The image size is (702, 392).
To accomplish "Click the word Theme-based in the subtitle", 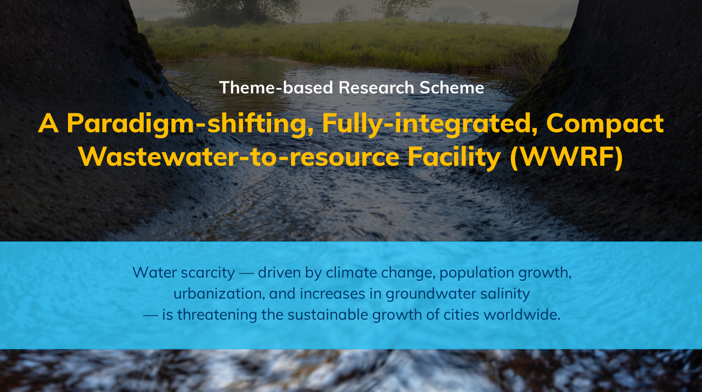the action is [x=276, y=87].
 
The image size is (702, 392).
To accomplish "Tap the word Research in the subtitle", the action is [x=376, y=87].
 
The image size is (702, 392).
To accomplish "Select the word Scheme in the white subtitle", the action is [x=452, y=87].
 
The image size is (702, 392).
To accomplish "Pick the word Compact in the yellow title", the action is [x=605, y=124].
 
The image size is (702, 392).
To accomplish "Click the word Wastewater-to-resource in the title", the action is [x=239, y=157].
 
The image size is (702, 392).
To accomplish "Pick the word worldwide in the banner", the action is [x=522, y=315].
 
